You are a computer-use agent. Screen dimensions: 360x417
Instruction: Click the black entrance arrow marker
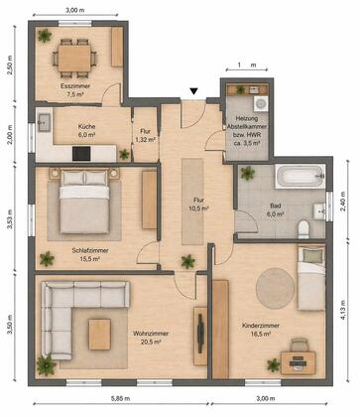point(193,91)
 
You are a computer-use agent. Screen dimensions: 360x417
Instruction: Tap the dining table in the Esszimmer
point(74,58)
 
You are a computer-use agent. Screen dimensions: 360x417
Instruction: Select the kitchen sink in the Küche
point(44,123)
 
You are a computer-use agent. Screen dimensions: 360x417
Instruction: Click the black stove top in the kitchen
point(81,154)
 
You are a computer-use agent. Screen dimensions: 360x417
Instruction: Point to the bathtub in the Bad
point(300,176)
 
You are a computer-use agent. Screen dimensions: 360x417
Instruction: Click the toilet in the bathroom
point(303,229)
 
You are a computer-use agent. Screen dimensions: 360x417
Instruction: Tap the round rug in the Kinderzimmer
point(275,288)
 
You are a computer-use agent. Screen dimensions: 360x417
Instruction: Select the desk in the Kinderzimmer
point(299,362)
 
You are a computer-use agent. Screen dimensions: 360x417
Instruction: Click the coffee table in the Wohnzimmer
point(99,335)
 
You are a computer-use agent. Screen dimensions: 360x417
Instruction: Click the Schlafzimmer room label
point(90,250)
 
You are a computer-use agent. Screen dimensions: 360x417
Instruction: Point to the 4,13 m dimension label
point(343,310)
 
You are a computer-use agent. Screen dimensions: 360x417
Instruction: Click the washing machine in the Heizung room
point(261,103)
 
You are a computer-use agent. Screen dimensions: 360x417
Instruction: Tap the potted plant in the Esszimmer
point(45,36)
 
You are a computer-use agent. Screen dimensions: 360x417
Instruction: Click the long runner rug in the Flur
point(192,202)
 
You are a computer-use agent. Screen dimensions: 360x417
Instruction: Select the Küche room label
point(87,126)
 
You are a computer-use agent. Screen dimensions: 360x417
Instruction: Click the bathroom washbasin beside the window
point(319,211)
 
